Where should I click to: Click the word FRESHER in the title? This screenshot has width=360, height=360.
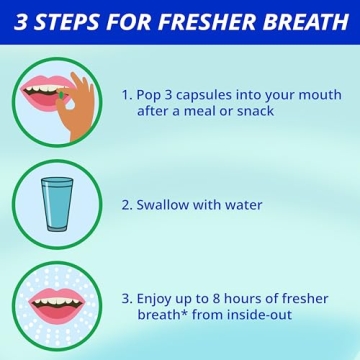tap(209, 21)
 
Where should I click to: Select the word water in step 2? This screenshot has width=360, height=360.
tap(243, 205)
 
